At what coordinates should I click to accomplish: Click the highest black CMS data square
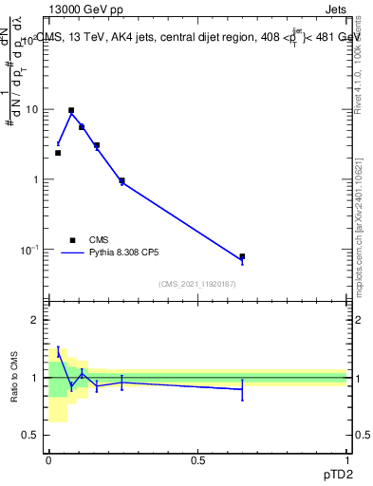[71, 110]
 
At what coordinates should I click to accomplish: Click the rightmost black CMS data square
[242, 256]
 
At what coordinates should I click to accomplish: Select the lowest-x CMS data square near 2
[58, 153]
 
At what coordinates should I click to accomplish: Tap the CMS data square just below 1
[121, 180]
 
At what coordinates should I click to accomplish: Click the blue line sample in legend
[73, 253]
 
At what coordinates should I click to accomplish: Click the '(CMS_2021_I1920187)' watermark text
[197, 284]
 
